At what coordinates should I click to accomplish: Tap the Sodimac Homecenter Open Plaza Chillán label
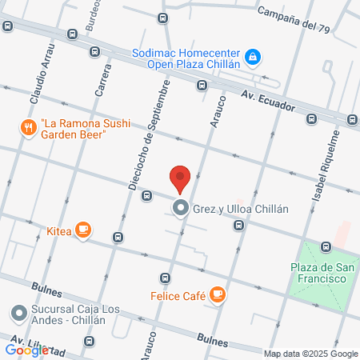pos(186,58)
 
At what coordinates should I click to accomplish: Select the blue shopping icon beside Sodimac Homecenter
pos(253,56)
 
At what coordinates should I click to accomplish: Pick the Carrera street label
pos(103,80)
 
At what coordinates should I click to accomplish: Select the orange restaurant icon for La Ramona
pos(27,127)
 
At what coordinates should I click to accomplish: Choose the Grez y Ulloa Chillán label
pos(239,210)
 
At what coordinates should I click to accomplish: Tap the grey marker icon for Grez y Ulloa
pos(181,210)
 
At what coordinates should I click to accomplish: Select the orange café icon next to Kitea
pos(82,230)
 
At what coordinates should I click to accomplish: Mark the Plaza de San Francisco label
pos(317,272)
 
